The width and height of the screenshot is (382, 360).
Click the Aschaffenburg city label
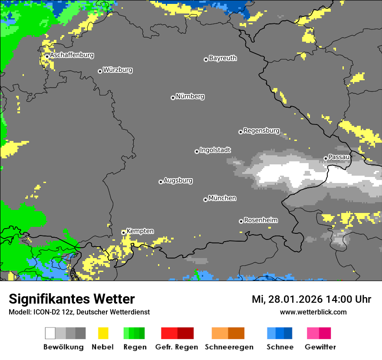72,56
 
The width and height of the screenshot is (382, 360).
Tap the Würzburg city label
118,70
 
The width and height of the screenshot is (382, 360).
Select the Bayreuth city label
223,58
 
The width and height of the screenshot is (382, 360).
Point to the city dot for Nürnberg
173,98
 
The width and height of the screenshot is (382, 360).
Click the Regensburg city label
261,131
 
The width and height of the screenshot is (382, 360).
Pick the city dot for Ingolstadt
197,151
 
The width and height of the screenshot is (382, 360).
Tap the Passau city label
339,157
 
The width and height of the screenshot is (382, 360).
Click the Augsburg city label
178,180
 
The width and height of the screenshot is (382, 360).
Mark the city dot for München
205,200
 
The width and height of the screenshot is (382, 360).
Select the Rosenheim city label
260,220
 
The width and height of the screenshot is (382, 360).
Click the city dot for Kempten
123,232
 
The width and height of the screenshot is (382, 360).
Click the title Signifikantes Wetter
72,299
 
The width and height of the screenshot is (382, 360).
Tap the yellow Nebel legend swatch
103,333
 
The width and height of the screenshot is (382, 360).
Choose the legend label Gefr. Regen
177,347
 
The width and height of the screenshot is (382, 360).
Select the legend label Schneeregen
229,347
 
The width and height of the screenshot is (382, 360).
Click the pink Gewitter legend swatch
313,333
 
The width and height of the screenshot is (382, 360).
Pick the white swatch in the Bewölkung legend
50,333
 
